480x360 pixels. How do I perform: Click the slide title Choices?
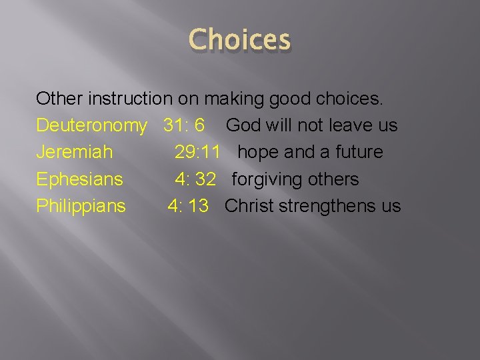click(240, 40)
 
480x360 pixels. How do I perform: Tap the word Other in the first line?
click(55, 99)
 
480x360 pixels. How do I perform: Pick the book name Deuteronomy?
click(91, 126)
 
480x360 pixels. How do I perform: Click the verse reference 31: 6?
click(184, 125)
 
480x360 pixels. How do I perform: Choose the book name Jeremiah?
click(74, 152)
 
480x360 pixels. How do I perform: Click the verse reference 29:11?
click(197, 152)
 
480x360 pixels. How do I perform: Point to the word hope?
click(258, 153)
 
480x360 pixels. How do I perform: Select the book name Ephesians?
click(79, 179)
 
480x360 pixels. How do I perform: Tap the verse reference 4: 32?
click(195, 179)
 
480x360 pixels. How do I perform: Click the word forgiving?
click(266, 179)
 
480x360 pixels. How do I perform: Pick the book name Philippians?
click(81, 206)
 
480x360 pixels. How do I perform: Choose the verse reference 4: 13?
click(188, 205)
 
